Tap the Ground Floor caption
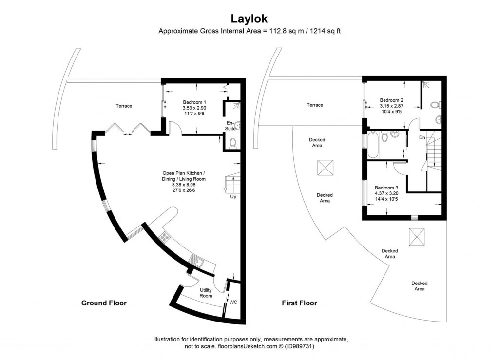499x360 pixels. coord(104,303)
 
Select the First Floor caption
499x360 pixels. coord(299,303)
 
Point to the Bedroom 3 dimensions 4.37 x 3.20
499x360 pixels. coord(386,193)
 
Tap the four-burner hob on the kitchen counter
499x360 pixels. coord(165,237)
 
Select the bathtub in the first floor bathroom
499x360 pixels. coord(373,145)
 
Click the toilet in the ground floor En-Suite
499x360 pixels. coord(232,143)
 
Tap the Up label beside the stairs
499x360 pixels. coord(234,197)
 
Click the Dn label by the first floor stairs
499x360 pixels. coord(422,138)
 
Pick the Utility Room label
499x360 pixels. coord(206,293)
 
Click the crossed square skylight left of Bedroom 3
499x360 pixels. coord(324,168)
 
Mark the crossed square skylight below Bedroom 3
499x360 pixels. coord(416,237)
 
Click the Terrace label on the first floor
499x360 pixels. coord(315,105)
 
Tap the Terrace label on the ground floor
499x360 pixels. coord(124,106)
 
